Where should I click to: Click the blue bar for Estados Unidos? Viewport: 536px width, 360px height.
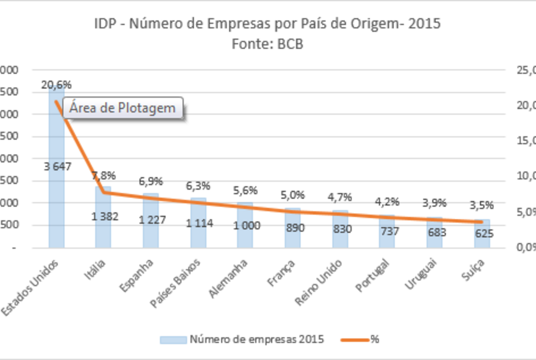[x=56, y=189]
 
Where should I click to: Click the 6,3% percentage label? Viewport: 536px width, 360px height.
[x=197, y=186]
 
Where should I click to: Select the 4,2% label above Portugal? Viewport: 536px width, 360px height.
[x=387, y=202]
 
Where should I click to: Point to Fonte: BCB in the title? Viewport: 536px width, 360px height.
[x=267, y=44]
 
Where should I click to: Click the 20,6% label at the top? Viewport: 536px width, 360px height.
[x=56, y=84]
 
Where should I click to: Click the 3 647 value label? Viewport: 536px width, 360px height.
[x=58, y=166]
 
